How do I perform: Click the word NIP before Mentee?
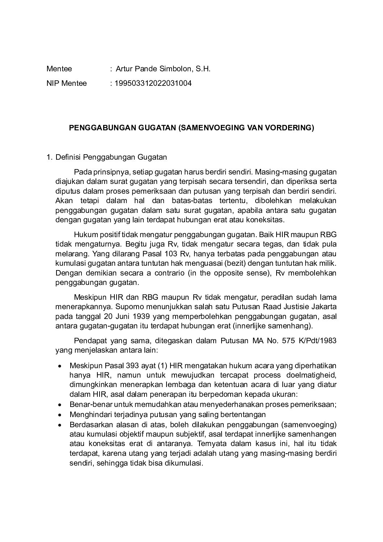pos(52,84)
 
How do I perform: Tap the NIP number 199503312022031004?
pos(153,84)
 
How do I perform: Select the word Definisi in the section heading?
pos(68,157)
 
